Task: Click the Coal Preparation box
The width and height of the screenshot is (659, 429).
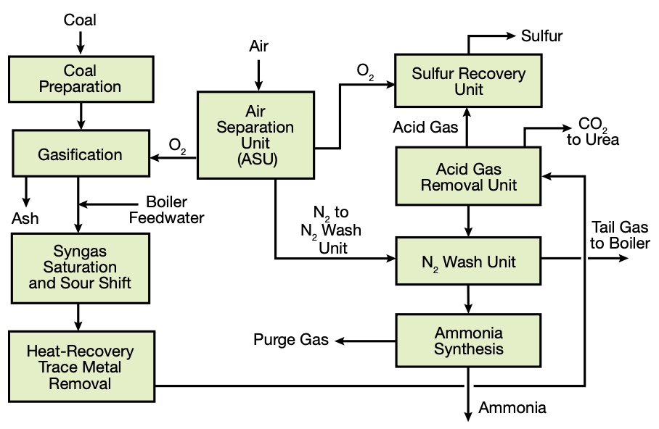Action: tap(80, 79)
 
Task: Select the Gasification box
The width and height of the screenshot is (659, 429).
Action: tap(80, 154)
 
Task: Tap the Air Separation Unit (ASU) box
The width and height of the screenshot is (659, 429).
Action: tap(258, 135)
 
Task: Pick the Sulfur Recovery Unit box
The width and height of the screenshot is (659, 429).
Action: tap(468, 82)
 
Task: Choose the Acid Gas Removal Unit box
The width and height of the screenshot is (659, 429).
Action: tap(468, 177)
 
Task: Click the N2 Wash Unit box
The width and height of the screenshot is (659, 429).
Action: tap(468, 262)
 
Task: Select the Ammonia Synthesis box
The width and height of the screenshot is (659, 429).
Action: tap(468, 341)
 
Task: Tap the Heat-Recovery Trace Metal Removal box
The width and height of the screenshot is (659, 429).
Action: tap(80, 367)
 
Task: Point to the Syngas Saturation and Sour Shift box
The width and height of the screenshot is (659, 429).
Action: tap(80, 266)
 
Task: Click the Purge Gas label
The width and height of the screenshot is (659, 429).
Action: tap(291, 339)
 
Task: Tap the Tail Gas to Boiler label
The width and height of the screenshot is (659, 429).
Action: tap(620, 235)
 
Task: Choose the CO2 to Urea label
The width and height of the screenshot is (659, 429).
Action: tap(593, 131)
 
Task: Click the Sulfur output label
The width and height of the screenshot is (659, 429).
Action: tap(541, 36)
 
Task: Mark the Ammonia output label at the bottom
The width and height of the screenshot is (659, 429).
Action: tap(512, 407)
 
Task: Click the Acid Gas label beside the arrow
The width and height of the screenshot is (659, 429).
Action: tap(425, 128)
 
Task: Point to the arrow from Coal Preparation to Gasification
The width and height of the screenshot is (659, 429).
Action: tap(80, 115)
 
